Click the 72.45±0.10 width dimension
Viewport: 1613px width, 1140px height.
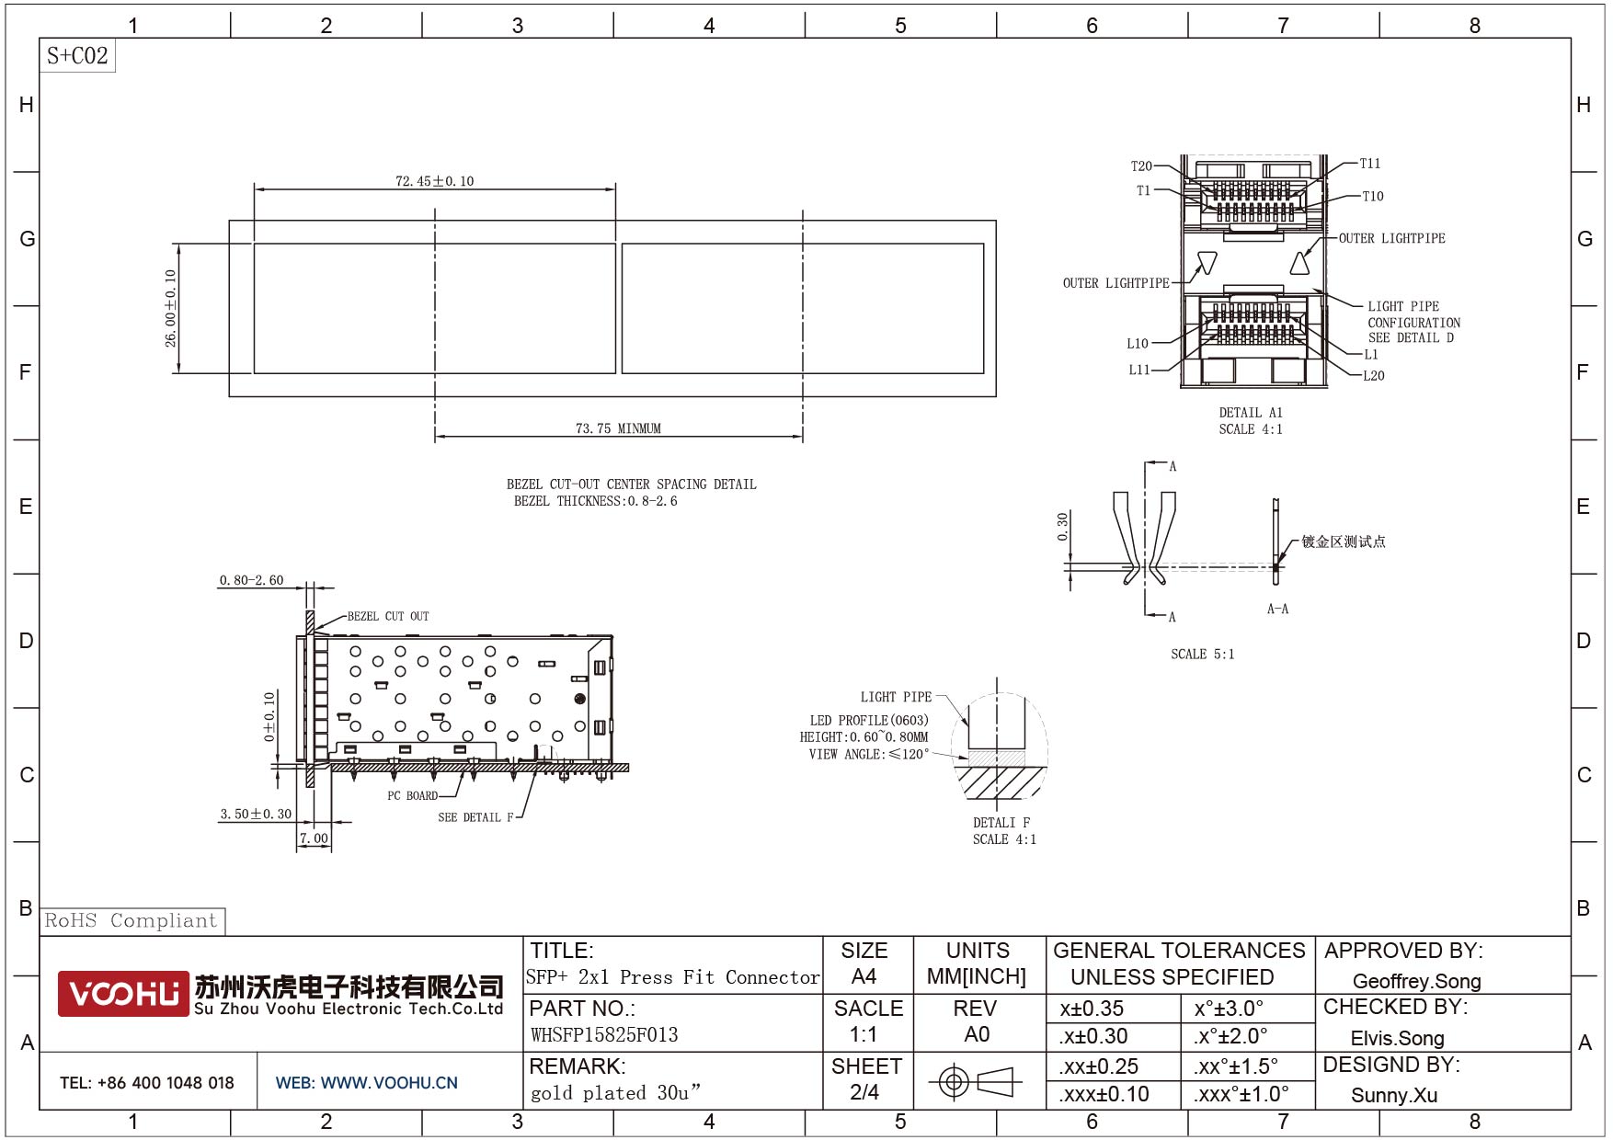pos(435,181)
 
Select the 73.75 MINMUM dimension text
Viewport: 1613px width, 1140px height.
pos(618,428)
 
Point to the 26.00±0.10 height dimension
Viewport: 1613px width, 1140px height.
pos(170,308)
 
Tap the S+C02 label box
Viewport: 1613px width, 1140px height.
pos(77,56)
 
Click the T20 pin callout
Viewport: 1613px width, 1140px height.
pos(1141,166)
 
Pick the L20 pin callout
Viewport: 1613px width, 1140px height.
pos(1374,375)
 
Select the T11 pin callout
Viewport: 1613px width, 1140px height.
pos(1370,164)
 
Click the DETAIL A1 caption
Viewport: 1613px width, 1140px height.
pos(1251,413)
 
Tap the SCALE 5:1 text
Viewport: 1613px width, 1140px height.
pos(1203,655)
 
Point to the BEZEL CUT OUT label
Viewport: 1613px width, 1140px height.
pos(388,616)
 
